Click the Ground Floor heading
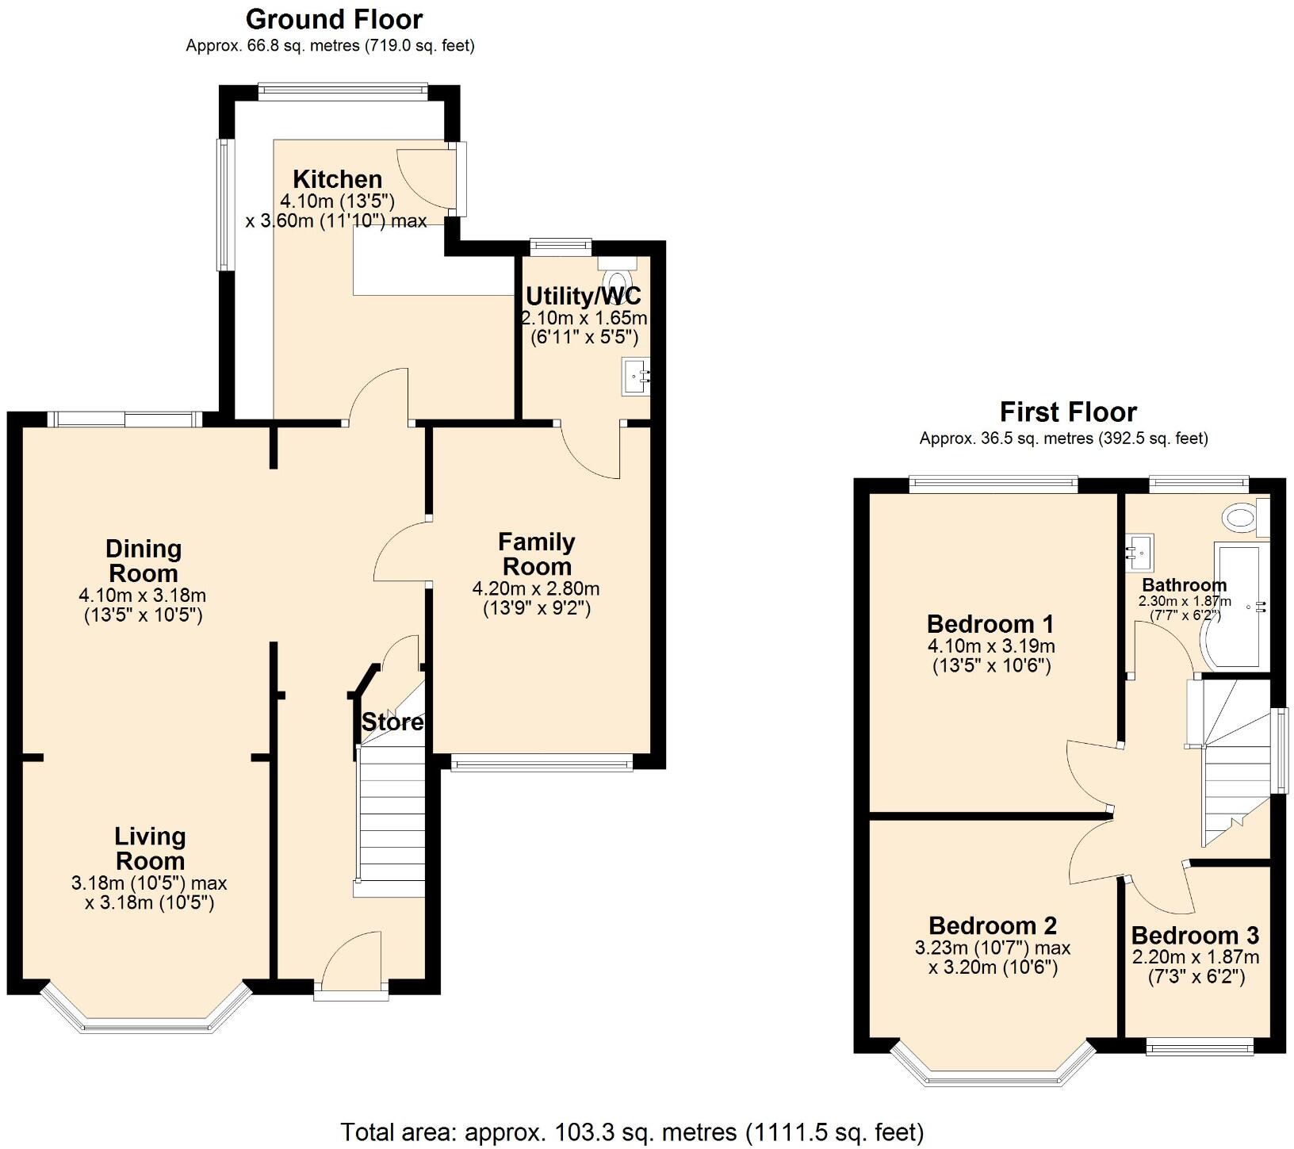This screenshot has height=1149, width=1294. tap(334, 19)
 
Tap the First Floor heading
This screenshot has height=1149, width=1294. tap(1067, 412)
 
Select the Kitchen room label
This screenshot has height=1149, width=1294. tap(338, 178)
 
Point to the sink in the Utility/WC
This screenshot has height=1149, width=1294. tap(637, 376)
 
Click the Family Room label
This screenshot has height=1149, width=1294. tap(537, 554)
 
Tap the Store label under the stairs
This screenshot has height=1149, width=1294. tap(392, 722)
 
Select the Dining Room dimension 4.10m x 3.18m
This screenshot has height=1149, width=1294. tap(143, 595)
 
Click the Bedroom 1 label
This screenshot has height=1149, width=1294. tap(990, 624)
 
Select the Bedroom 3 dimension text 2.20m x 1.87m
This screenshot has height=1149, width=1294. tap(1196, 957)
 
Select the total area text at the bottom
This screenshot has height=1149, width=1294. tap(632, 1132)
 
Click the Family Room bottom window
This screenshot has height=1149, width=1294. tap(542, 764)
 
